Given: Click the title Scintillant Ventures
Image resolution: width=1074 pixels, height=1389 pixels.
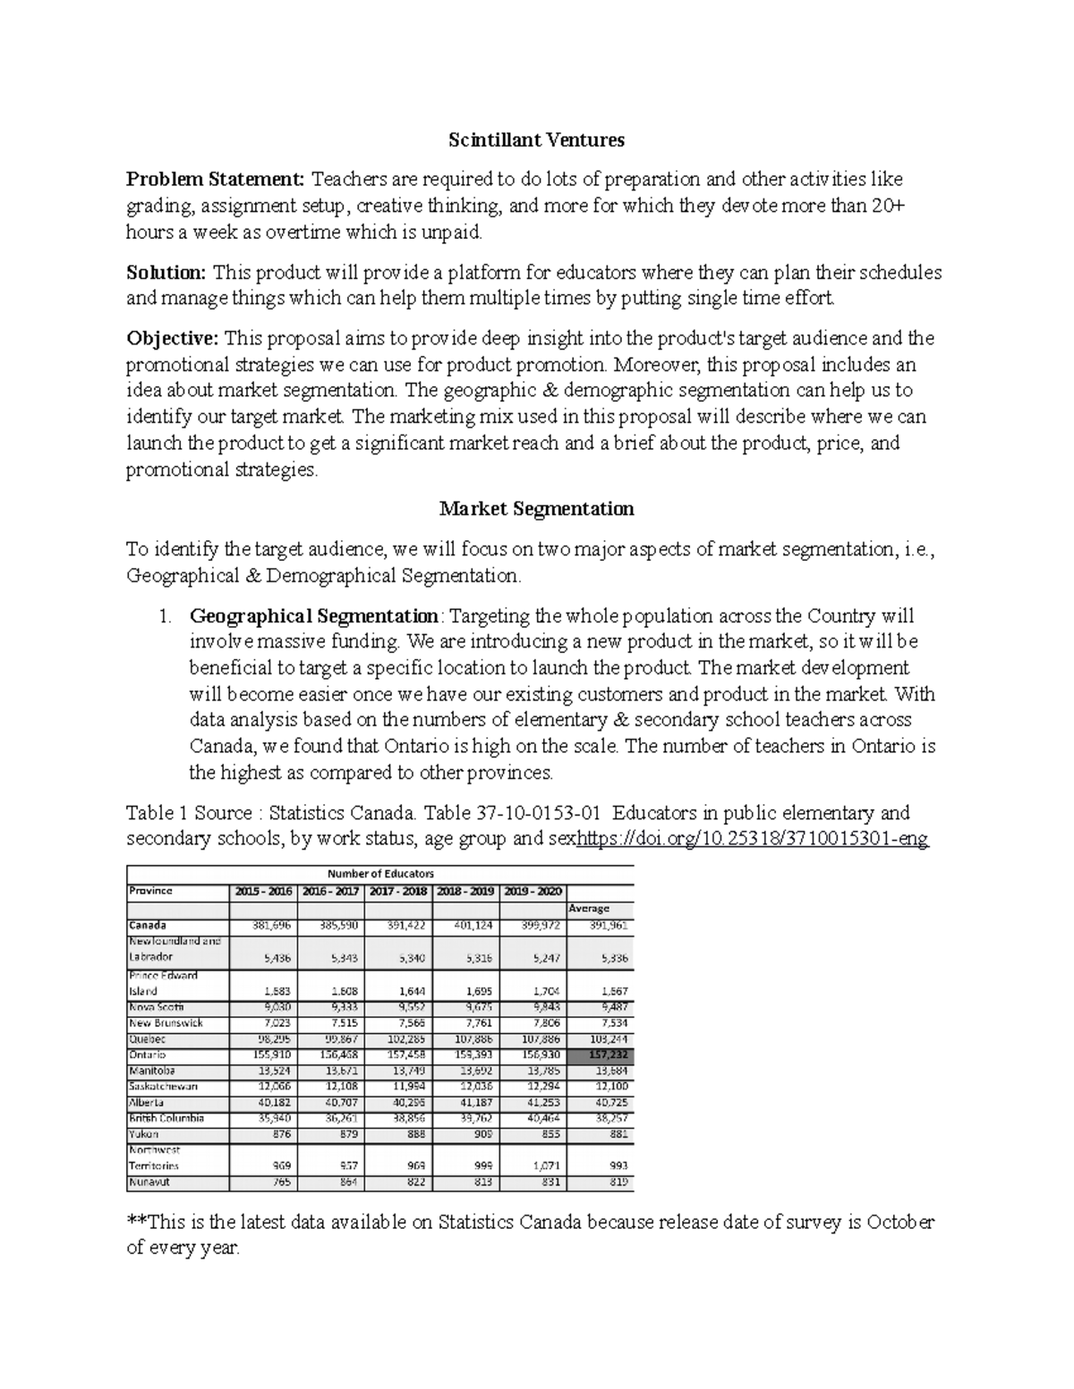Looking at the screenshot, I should [536, 140].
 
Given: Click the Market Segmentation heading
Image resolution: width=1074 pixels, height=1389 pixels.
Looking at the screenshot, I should [536, 509].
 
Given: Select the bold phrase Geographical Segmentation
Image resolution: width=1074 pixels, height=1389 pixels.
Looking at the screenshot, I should [314, 616].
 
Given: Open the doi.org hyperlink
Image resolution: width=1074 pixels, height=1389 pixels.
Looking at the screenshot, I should [753, 839].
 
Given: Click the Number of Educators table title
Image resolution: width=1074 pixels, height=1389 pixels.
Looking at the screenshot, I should [380, 873].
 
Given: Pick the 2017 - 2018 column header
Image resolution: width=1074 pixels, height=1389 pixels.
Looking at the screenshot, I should [398, 892].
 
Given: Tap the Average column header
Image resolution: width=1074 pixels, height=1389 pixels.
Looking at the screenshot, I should [589, 909].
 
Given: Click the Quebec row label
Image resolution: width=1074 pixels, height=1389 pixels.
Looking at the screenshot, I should [148, 1039].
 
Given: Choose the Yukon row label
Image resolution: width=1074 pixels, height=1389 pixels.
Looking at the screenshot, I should [144, 1134].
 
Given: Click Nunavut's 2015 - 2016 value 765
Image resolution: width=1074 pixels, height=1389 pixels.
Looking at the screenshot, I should [280, 1182].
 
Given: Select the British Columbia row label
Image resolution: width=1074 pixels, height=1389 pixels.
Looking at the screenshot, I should [166, 1119].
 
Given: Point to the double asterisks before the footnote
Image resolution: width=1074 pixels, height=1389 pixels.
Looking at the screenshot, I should [136, 1222].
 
